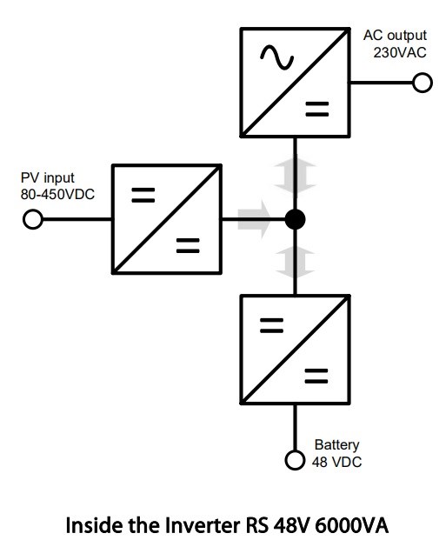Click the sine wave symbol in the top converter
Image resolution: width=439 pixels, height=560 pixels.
pos(277,57)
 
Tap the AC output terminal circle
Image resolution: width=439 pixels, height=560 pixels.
pos(422,83)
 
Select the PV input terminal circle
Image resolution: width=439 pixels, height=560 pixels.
pos(33,219)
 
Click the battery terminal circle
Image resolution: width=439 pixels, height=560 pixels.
pos(295,460)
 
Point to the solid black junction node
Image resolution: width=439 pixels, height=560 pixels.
pos(296,219)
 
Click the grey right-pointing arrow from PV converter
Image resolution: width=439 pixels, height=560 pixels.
pos(255,219)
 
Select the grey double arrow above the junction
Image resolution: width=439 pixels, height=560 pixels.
pos(295,175)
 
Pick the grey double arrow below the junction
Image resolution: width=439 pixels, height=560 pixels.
pos(295,263)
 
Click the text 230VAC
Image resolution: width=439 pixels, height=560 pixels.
pos(400,53)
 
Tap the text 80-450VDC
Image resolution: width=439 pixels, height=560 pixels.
pos(57,194)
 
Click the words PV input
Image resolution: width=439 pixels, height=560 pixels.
pos(48,178)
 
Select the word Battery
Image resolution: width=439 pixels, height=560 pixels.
pos(337,445)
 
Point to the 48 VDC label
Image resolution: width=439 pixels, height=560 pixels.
pos(336,462)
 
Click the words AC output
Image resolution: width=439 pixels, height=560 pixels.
pos(395,36)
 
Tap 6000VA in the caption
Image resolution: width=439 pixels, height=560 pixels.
pos(351,525)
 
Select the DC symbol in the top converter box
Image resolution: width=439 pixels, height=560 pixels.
pos(317,110)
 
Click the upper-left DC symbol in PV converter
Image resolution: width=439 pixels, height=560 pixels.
pos(143,195)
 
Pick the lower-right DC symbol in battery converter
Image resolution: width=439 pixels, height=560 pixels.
pos(316,376)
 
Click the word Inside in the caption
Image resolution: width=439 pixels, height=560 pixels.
pos(95,525)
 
